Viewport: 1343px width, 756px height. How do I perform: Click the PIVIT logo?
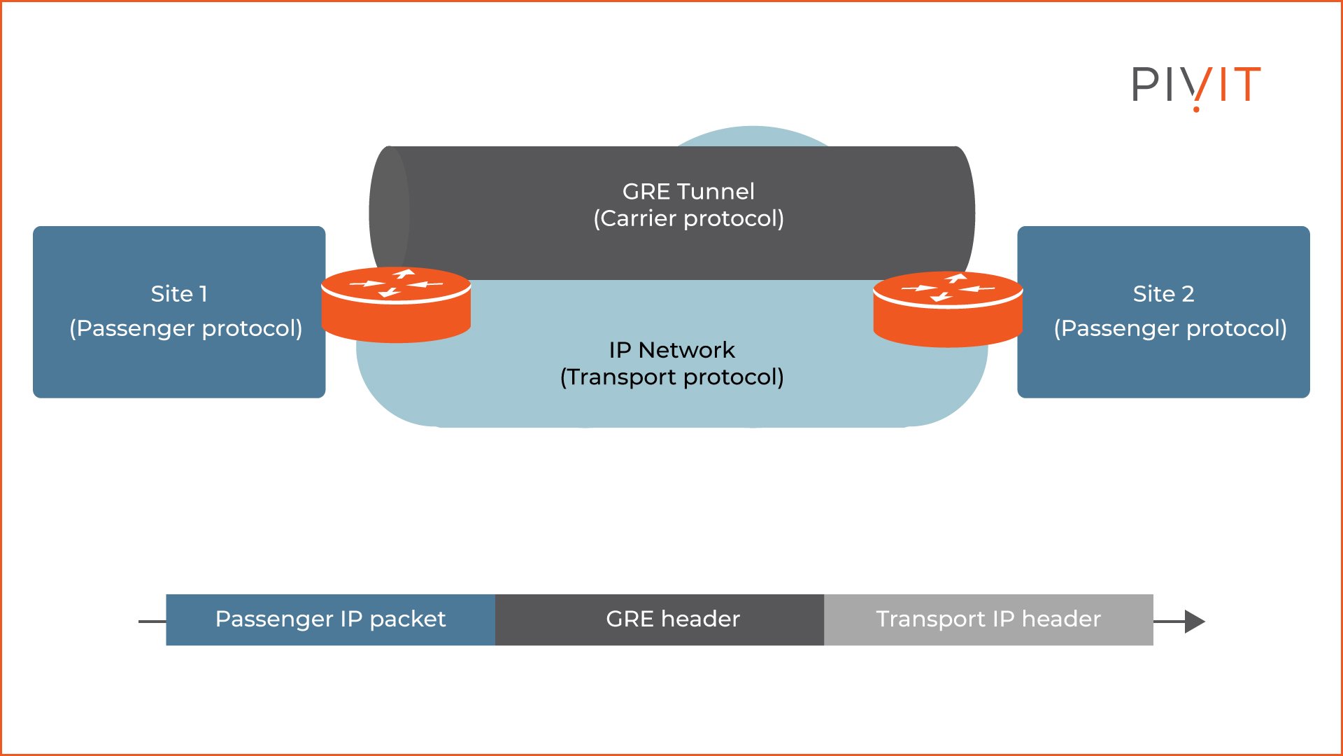pos(1196,85)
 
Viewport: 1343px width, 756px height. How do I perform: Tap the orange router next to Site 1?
pos(396,305)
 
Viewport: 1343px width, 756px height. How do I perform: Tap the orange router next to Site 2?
pos(948,309)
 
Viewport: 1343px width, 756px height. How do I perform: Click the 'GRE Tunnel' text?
pos(688,191)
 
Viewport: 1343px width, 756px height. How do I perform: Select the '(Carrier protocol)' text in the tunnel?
pos(688,218)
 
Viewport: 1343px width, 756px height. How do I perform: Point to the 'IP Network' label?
pos(671,349)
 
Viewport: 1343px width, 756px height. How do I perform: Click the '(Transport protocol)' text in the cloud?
pos(671,377)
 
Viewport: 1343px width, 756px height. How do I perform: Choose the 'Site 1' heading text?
pos(179,293)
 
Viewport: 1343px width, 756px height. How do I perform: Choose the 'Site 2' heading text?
pos(1163,293)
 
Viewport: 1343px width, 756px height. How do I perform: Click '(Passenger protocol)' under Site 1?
pos(185,328)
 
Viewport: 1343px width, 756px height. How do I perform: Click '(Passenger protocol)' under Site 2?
pos(1170,328)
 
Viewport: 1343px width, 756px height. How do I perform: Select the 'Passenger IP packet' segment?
pos(330,619)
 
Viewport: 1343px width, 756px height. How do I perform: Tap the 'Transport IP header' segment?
pos(988,619)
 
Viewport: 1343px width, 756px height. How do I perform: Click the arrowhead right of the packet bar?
pos(1194,621)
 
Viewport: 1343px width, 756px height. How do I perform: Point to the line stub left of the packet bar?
pos(152,621)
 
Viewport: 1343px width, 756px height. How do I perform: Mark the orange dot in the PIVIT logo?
pos(1197,108)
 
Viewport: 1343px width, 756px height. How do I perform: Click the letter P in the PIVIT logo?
pos(1144,84)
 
